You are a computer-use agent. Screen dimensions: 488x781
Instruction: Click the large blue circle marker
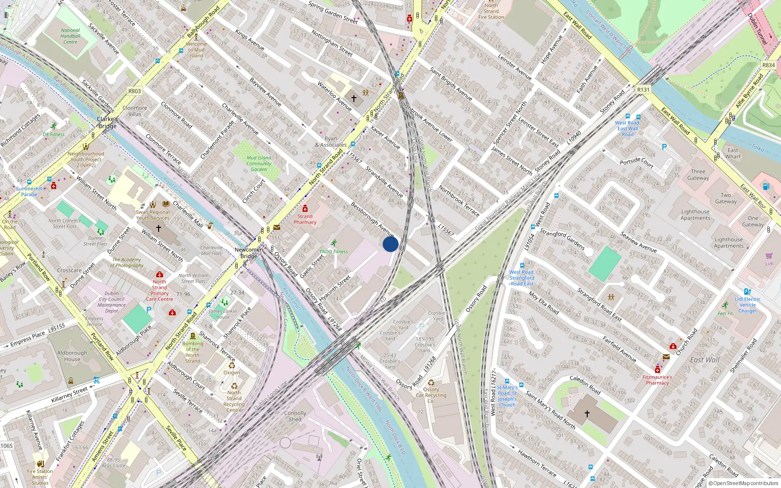[x=390, y=244]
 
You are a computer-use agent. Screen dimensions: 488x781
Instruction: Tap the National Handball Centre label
[x=70, y=36]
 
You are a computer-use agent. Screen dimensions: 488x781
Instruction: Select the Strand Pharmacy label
[x=305, y=219]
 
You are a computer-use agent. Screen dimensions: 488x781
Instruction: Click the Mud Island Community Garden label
[x=259, y=163]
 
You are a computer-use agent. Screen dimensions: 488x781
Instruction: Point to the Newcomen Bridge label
[x=248, y=253]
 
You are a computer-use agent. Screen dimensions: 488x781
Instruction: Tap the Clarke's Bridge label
[x=107, y=122]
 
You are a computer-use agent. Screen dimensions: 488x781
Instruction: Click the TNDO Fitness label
[x=334, y=252]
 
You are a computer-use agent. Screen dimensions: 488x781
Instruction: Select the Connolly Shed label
[x=295, y=416]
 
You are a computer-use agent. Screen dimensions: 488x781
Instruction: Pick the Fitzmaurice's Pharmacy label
[x=658, y=380]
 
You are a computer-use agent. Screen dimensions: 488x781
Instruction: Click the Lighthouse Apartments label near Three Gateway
[x=696, y=215]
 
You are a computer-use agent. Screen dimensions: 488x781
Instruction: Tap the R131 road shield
[x=643, y=90]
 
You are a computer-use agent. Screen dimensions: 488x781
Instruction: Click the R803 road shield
[x=134, y=91]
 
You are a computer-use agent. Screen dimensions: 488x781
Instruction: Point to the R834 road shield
[x=768, y=65]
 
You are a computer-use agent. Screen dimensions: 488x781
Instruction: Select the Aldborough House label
[x=72, y=356]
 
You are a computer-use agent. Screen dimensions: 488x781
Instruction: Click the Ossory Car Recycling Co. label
[x=431, y=395]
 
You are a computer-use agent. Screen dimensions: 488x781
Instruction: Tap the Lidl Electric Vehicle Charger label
[x=748, y=305]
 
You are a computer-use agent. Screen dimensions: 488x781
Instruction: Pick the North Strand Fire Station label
[x=491, y=11]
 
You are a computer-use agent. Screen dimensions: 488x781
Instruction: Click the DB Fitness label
[x=54, y=134]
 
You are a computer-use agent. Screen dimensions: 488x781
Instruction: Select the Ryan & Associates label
[x=331, y=142]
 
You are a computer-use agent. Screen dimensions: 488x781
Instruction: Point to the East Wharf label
[x=733, y=153]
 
